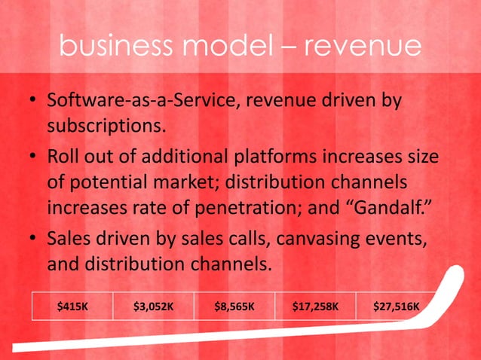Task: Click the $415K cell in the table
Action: [72, 307]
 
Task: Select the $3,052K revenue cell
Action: [154, 307]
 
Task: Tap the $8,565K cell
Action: [234, 307]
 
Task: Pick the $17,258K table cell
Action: [315, 307]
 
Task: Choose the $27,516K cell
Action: [397, 307]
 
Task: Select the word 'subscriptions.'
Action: [106, 125]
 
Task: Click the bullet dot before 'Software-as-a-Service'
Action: [33, 101]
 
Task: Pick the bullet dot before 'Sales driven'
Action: [33, 239]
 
